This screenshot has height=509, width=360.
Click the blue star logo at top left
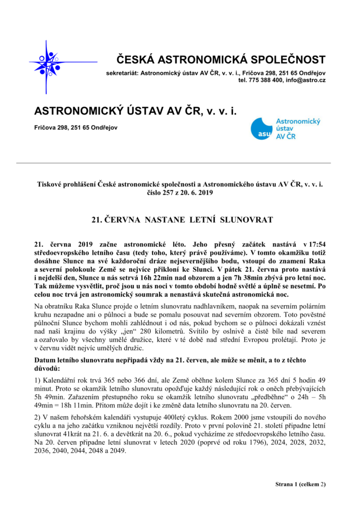[x=50, y=62]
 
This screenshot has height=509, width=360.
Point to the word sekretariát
[x=122, y=73]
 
